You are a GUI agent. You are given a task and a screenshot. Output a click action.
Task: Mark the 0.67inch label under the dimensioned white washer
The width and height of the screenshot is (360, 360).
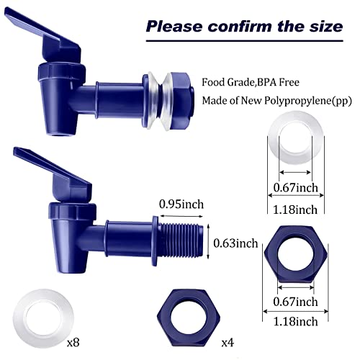coord(296,188)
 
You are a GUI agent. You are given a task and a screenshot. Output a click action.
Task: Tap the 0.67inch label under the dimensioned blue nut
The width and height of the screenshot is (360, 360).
coord(296,301)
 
